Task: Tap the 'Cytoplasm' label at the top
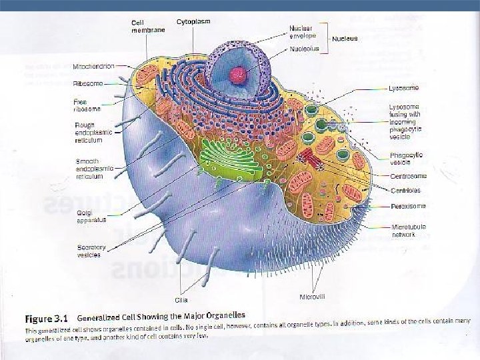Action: click(193, 22)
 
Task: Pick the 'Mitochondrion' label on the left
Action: click(93, 67)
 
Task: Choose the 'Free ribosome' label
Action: click(87, 105)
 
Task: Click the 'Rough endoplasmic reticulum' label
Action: click(89, 133)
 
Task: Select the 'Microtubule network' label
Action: click(406, 230)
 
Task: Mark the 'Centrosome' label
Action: click(407, 175)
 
